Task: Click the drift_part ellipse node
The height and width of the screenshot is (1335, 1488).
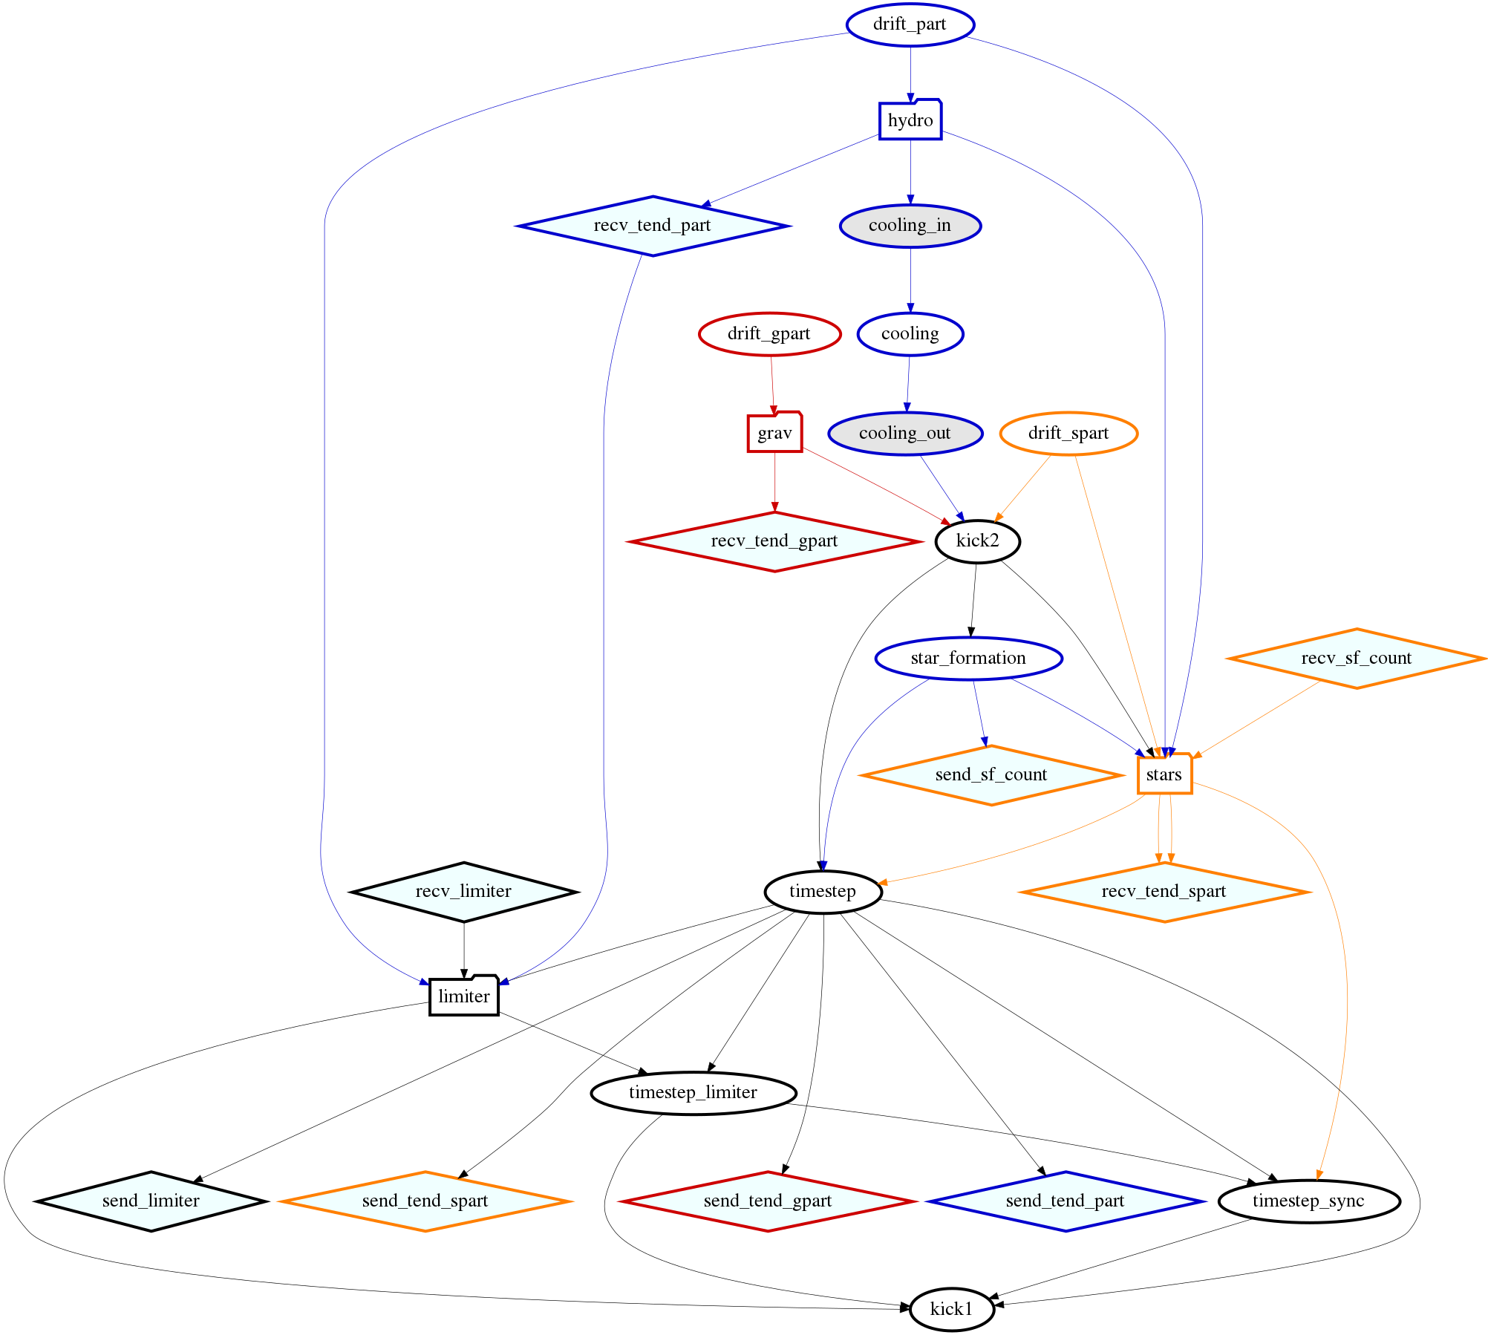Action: (910, 25)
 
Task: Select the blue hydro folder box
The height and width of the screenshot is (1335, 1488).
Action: (910, 120)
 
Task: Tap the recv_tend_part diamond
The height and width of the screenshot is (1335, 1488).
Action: (653, 226)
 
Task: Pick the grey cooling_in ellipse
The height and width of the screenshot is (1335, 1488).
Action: (910, 226)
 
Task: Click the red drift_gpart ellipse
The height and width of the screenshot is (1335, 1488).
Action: (769, 334)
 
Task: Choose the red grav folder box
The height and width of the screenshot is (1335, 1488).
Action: (774, 433)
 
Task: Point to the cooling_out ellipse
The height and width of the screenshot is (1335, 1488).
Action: (905, 434)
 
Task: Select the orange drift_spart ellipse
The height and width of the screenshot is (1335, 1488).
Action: (1068, 434)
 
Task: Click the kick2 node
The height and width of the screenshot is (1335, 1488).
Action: (977, 541)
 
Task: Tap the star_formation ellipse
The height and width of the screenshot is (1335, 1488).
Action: (968, 659)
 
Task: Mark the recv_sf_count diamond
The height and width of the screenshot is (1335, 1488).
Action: (1356, 659)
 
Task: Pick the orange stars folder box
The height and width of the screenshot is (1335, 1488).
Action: (1164, 775)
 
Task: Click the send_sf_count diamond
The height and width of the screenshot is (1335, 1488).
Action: (991, 775)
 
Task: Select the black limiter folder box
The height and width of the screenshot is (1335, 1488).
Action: (464, 996)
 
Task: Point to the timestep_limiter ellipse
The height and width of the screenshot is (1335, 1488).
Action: (694, 1093)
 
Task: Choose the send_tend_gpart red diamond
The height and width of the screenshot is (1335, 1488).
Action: (768, 1201)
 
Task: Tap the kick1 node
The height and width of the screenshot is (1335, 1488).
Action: (951, 1309)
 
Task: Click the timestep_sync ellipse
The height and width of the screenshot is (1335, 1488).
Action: (1308, 1201)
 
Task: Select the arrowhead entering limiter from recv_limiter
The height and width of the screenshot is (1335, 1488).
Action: (464, 972)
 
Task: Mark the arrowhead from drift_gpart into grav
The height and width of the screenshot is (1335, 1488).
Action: (774, 409)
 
